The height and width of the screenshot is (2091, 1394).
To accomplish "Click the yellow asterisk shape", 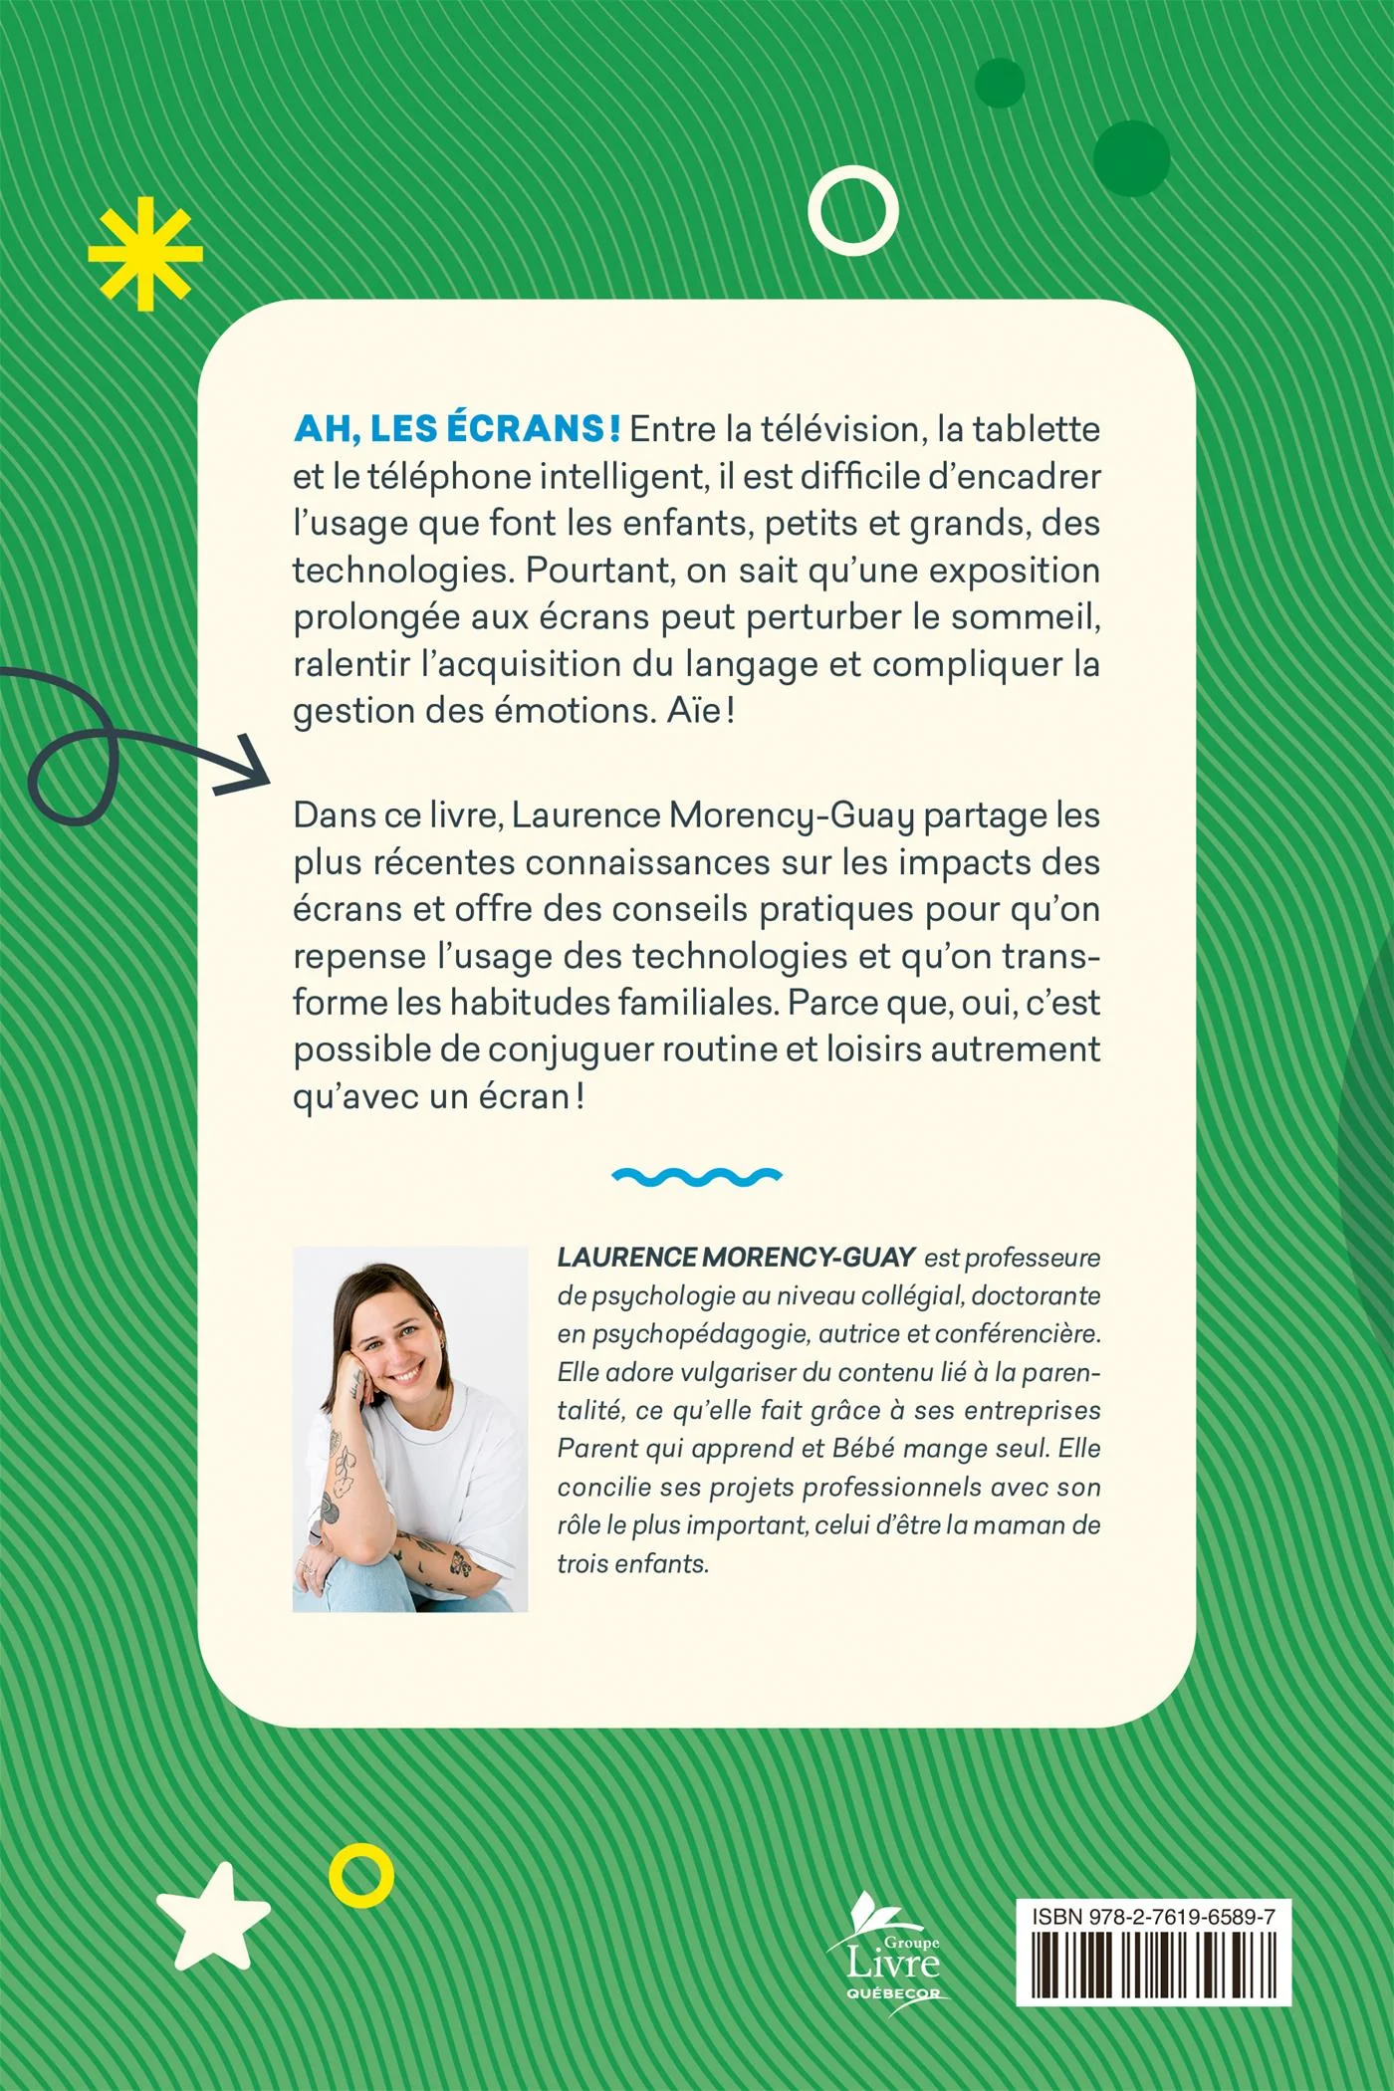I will (145, 254).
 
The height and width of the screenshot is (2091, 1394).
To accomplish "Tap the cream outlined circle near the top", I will (853, 211).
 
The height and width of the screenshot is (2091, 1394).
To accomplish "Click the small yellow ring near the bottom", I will (361, 1876).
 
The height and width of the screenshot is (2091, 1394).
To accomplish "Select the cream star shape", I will (213, 1917).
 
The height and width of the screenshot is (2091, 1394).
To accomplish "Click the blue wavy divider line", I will (697, 1177).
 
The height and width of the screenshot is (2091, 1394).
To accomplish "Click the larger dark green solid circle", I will (1131, 158).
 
